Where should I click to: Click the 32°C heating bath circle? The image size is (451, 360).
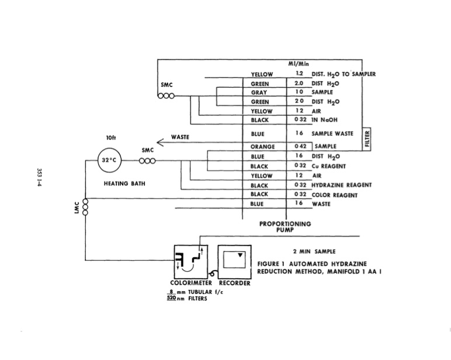point(112,160)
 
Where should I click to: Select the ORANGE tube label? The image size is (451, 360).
point(262,147)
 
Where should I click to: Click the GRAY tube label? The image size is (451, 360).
point(259,92)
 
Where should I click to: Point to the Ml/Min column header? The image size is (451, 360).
point(299,63)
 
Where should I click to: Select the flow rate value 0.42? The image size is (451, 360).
point(300,147)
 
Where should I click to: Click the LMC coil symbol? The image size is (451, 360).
point(85,206)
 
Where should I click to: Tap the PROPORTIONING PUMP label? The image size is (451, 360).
point(286,227)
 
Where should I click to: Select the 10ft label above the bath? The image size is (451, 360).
point(111,139)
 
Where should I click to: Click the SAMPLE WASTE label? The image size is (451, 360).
point(332,133)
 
